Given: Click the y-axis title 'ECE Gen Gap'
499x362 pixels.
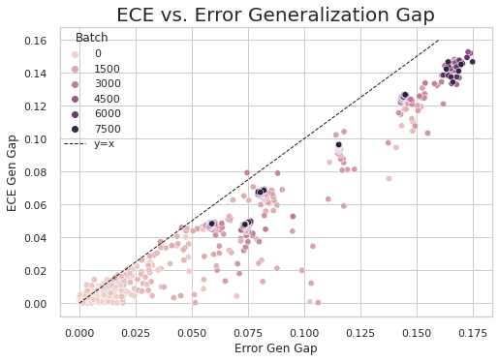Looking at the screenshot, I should tap(11, 171).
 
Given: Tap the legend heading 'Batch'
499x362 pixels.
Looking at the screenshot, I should tap(91, 37).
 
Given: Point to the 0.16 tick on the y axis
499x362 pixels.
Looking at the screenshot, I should tap(45, 41).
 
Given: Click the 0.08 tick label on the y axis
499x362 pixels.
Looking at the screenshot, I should tap(45, 172).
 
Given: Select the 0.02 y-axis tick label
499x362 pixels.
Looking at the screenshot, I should tap(45, 271).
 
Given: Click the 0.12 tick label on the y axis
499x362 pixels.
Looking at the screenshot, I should tap(45, 106).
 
